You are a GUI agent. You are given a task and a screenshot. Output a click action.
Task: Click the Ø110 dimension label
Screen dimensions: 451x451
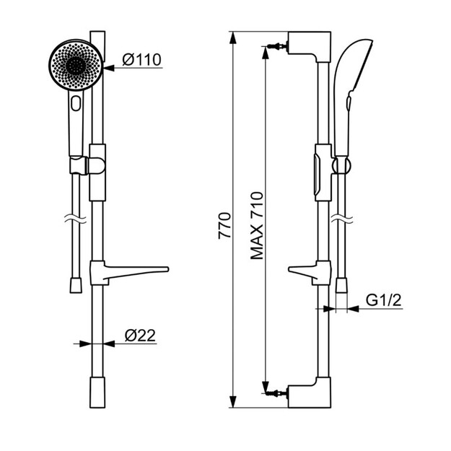[x=142, y=60]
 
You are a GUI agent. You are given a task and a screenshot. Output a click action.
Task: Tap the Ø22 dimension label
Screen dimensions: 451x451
[x=140, y=335]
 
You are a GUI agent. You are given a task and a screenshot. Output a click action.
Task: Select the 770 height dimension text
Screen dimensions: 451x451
[x=224, y=226]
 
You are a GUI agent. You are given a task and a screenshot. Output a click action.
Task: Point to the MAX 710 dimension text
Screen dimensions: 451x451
[x=257, y=226]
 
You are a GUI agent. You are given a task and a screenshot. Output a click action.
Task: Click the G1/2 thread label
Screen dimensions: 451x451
[x=383, y=301]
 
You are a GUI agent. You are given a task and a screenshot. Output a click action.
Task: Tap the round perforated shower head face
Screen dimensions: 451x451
[x=76, y=65]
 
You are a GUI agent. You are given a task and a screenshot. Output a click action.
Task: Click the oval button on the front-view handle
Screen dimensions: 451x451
[x=76, y=103]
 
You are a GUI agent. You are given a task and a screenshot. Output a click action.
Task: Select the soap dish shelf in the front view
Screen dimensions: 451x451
[x=129, y=272]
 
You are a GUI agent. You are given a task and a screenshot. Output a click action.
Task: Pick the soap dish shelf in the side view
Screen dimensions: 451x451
[x=310, y=273]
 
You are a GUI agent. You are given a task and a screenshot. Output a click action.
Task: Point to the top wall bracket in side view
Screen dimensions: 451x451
[x=310, y=46]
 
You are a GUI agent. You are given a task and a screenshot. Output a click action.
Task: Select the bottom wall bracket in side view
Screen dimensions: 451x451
[x=310, y=393]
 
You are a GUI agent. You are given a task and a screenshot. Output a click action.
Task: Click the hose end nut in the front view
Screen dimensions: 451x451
[x=76, y=285]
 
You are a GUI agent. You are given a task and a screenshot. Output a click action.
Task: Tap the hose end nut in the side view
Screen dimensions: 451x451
[x=341, y=285]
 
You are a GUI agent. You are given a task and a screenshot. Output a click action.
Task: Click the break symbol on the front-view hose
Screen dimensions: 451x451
[x=75, y=219]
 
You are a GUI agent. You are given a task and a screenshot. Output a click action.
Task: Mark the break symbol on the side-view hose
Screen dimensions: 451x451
[x=342, y=219]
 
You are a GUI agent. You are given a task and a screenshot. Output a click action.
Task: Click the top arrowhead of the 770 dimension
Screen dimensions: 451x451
[x=232, y=38]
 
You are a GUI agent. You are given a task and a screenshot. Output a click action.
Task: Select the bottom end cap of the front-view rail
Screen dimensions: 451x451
[x=97, y=393]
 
